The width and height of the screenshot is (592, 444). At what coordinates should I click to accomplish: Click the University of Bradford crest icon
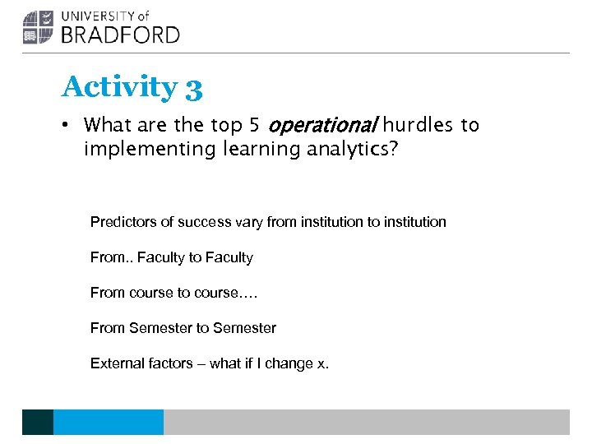[x=37, y=27]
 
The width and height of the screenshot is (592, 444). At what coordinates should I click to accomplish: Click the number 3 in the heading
[x=194, y=88]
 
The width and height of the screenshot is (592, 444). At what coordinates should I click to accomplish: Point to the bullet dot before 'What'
[x=67, y=126]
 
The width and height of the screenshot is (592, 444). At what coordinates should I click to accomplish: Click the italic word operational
[x=322, y=126]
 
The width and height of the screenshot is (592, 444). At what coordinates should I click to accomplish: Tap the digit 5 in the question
[x=255, y=126]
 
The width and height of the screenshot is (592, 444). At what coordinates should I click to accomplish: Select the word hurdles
[x=418, y=126]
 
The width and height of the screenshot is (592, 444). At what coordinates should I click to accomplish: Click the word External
[x=117, y=363]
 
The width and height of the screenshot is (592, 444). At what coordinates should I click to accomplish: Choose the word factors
[x=169, y=363]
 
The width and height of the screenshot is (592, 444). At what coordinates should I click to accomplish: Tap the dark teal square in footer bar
[x=37, y=422]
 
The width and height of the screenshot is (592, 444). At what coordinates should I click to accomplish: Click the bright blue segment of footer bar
[x=108, y=422]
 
